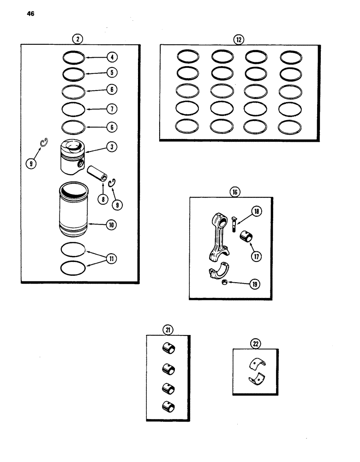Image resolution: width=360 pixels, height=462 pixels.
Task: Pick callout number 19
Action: click(x=253, y=285)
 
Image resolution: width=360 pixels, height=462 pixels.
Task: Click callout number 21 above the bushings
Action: click(x=167, y=329)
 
